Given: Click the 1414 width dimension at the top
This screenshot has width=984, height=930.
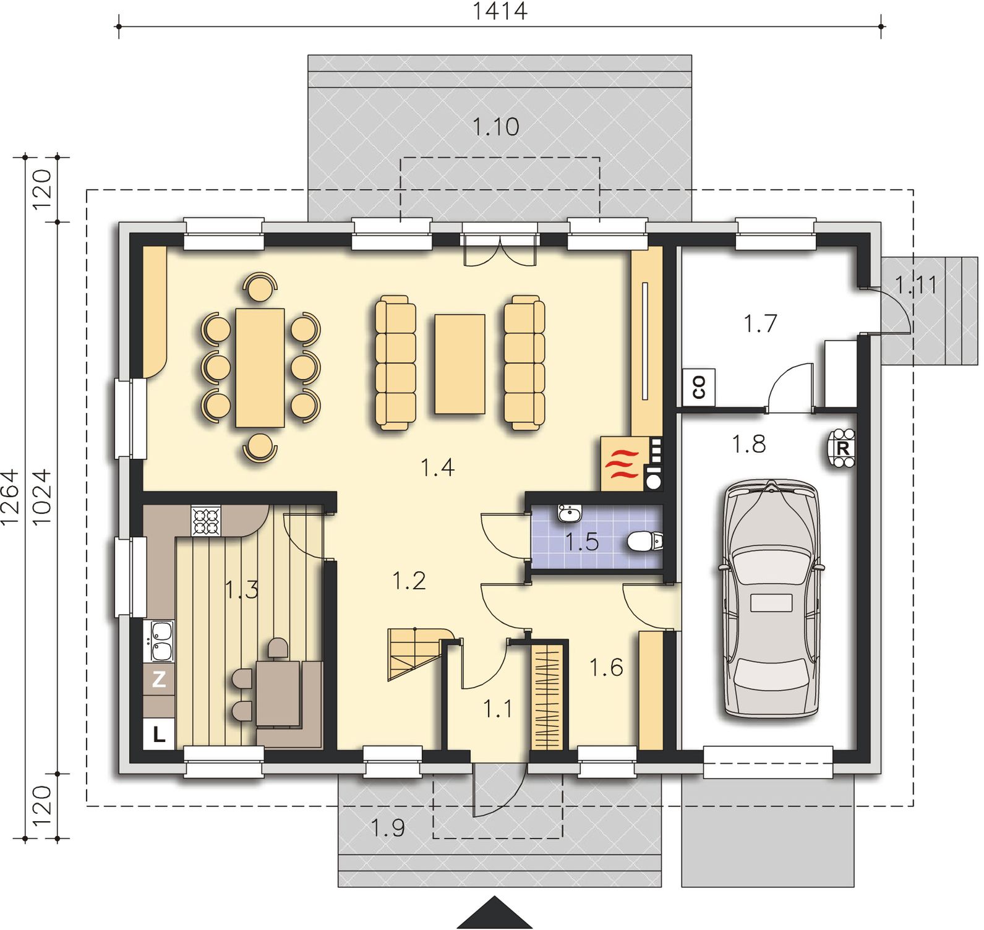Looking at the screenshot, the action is coord(500,11).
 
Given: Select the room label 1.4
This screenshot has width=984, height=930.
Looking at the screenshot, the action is coord(438,467).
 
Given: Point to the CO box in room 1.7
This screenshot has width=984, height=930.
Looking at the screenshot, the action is coord(699,388).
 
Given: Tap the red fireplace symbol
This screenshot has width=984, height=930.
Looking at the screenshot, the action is coord(623,464).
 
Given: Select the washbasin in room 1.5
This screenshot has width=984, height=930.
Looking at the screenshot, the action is coord(570,513).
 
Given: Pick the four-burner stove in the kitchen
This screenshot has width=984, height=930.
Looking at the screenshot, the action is coord(206,520).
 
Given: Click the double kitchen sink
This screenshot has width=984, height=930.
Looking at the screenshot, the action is coord(160,641).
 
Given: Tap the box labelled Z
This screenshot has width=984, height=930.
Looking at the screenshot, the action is coord(159,680).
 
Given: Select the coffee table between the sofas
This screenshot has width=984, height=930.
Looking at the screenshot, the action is coord(460,364).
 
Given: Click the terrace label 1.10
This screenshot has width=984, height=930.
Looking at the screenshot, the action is coord(495,127).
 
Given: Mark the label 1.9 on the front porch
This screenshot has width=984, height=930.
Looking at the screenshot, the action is coord(388,827).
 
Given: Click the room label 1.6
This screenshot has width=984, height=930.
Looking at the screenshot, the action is coord(606,668).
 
